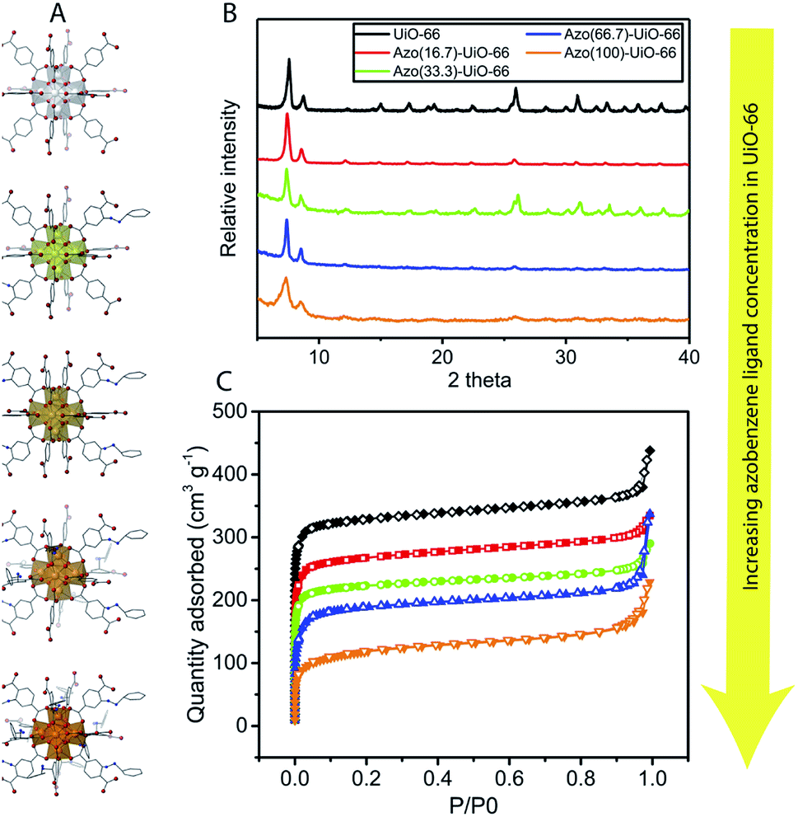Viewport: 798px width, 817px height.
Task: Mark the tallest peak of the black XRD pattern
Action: coord(289,60)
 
